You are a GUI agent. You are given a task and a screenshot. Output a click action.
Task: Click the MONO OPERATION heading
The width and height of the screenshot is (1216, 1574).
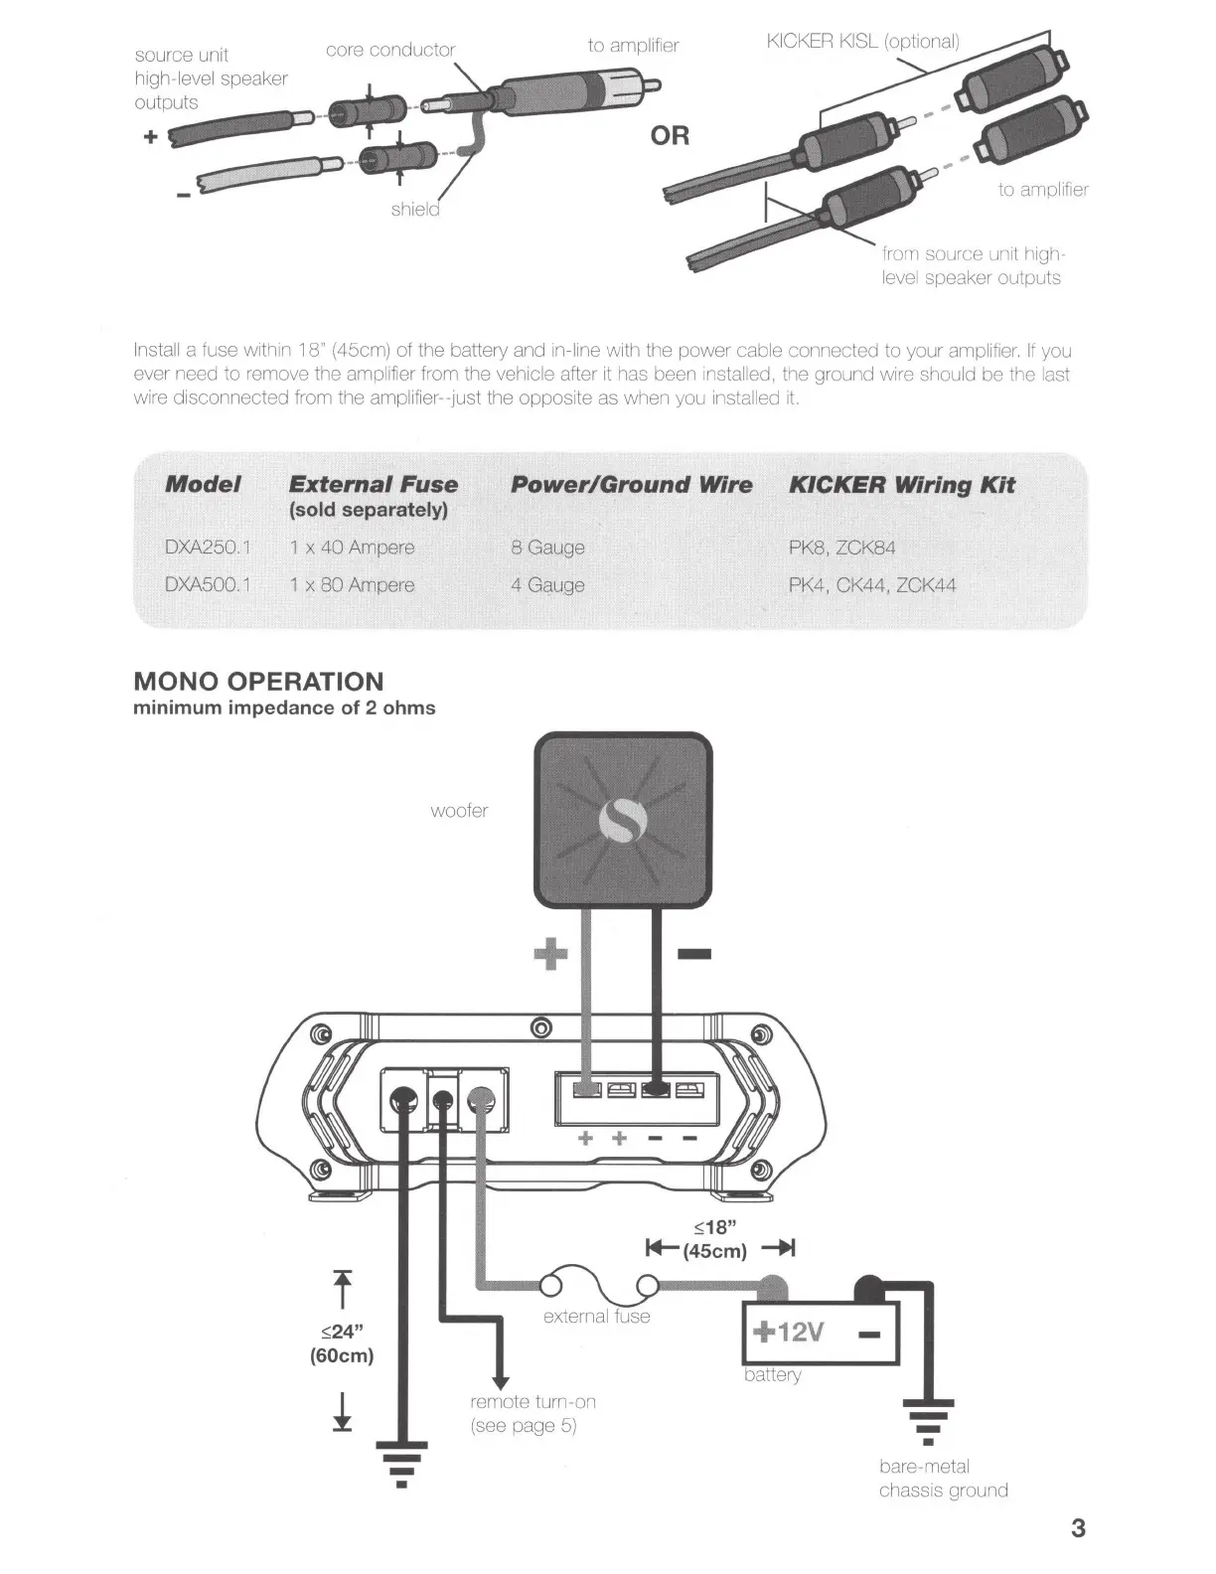pyautogui.click(x=258, y=682)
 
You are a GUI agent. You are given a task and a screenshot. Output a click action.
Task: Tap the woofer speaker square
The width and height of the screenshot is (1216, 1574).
pyautogui.click(x=623, y=820)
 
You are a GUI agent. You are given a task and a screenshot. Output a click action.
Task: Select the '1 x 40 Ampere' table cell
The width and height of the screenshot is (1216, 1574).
pyautogui.click(x=352, y=548)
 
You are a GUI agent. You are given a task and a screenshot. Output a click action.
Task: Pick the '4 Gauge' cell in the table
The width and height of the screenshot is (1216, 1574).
pyautogui.click(x=547, y=585)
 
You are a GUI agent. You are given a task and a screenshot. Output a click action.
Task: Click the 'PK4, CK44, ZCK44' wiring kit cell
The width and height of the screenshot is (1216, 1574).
pyautogui.click(x=871, y=585)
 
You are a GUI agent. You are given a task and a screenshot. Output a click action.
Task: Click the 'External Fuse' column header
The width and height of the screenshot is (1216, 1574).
pyautogui.click(x=373, y=485)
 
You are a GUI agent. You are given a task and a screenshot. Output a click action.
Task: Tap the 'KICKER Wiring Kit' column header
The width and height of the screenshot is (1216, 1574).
pyautogui.click(x=901, y=485)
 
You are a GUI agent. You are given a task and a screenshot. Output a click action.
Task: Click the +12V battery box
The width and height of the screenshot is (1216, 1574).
pyautogui.click(x=821, y=1333)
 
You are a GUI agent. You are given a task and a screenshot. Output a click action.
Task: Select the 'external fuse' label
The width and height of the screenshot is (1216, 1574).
pyautogui.click(x=596, y=1317)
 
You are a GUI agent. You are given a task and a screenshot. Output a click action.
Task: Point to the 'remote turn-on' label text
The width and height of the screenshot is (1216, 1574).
pyautogui.click(x=532, y=1402)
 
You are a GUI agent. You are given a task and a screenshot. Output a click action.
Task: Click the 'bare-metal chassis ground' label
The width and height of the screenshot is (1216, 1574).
pyautogui.click(x=943, y=1479)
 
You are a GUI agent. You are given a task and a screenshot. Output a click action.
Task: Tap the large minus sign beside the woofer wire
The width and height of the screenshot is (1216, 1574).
pyautogui.click(x=693, y=956)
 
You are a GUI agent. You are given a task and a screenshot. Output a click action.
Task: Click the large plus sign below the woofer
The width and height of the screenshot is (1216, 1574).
pyautogui.click(x=550, y=956)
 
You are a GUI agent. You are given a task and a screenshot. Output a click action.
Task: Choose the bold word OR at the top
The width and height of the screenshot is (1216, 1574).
pyautogui.click(x=670, y=135)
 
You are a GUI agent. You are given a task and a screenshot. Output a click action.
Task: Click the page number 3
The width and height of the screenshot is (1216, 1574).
pyautogui.click(x=1079, y=1527)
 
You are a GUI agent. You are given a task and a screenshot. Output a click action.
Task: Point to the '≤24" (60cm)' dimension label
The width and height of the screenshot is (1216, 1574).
pyautogui.click(x=342, y=1343)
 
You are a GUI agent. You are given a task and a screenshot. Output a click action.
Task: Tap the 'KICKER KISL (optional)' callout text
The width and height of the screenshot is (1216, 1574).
pyautogui.click(x=862, y=42)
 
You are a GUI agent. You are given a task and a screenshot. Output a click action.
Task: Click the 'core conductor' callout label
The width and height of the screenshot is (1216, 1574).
pyautogui.click(x=390, y=50)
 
